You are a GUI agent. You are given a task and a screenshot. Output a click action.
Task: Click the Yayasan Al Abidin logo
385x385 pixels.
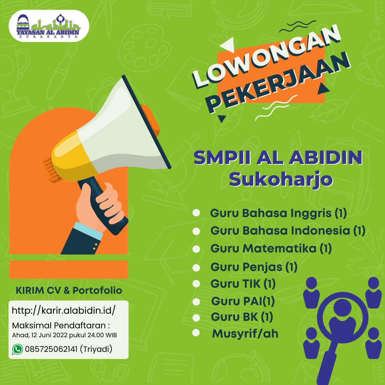tap(48, 26)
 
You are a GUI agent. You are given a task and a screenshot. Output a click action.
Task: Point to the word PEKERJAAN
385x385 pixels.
tap(279, 82)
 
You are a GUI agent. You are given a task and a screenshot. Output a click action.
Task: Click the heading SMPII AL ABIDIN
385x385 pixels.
tap(278, 158)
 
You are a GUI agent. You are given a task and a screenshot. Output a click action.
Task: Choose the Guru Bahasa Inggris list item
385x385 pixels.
tap(278, 213)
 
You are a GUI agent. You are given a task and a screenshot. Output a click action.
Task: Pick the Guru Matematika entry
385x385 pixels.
tap(271, 248)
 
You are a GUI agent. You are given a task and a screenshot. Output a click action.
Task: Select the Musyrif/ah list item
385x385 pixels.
tap(245, 334)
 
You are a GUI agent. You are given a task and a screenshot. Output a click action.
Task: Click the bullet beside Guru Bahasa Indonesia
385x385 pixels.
tap(196, 231)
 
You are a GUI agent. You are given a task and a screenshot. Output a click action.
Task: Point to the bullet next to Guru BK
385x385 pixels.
tap(196, 318)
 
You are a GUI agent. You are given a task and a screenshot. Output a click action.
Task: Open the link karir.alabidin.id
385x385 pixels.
tap(63, 310)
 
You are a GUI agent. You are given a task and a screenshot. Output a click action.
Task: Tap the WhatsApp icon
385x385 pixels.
tap(17, 349)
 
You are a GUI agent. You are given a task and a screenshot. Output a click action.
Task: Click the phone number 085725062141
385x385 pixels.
tap(51, 349)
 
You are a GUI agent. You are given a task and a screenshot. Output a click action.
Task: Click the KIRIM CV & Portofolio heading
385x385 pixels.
tap(69, 291)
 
